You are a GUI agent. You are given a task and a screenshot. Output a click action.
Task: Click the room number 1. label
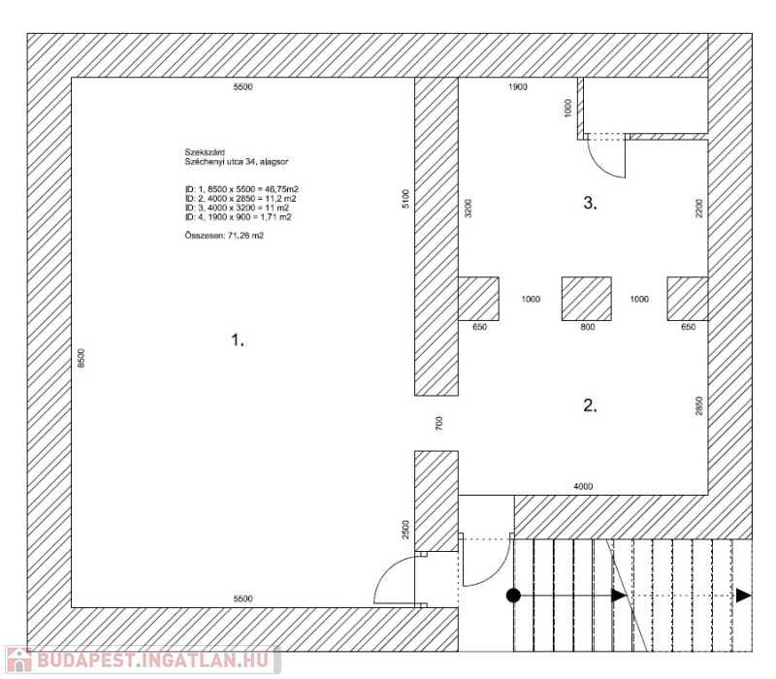pos(238,340)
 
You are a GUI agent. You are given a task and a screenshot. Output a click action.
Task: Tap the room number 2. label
pos(590,405)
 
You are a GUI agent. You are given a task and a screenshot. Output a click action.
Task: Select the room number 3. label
pos(590,203)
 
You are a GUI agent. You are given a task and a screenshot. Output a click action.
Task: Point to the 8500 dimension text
pos(81,358)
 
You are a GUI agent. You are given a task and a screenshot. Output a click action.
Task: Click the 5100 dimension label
pos(405,199)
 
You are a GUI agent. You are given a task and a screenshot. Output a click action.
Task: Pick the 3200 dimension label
pos(469,209)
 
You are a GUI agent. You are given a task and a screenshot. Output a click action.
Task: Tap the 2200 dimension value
pos(698,209)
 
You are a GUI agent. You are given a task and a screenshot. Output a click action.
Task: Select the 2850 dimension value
pos(698,405)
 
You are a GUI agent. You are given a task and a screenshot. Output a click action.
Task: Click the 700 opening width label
pos(439,423)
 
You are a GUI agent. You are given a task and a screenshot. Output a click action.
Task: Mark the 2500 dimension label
pos(405,530)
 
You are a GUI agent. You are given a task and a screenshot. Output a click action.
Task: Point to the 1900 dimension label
pos(518,87)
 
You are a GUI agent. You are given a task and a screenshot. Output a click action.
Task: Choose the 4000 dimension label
pos(583,487)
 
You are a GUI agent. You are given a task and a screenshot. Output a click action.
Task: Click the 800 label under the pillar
pos(588,327)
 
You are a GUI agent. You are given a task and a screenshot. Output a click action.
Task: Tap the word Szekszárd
pos(205,152)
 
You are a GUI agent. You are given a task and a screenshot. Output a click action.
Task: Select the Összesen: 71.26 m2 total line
pos(224,236)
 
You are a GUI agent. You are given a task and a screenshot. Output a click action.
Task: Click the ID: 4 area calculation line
pos(238,217)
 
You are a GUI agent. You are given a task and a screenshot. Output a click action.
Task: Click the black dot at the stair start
pos(514,596)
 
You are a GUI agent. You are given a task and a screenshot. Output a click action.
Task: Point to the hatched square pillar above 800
pos(587,299)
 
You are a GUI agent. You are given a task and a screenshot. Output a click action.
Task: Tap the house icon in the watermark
pos(19,660)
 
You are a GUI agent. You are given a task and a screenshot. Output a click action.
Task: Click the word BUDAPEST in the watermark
pos(86,661)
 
